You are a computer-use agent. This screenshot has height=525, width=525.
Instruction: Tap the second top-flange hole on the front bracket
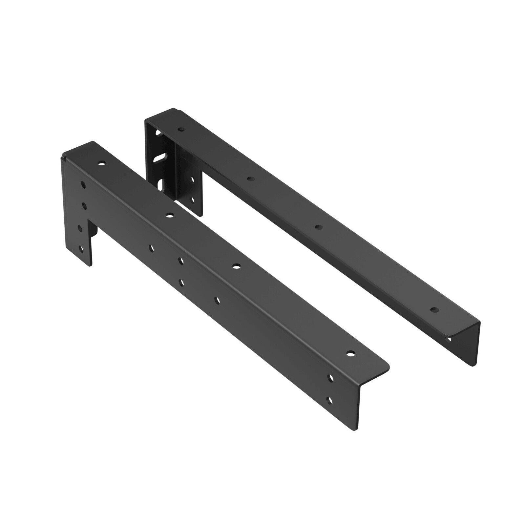coord(169,215)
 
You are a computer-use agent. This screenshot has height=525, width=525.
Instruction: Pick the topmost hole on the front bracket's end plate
coord(83,184)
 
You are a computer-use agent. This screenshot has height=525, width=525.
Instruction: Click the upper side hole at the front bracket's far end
coord(331,378)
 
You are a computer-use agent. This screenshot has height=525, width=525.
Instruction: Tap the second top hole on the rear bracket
coord(250,179)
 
